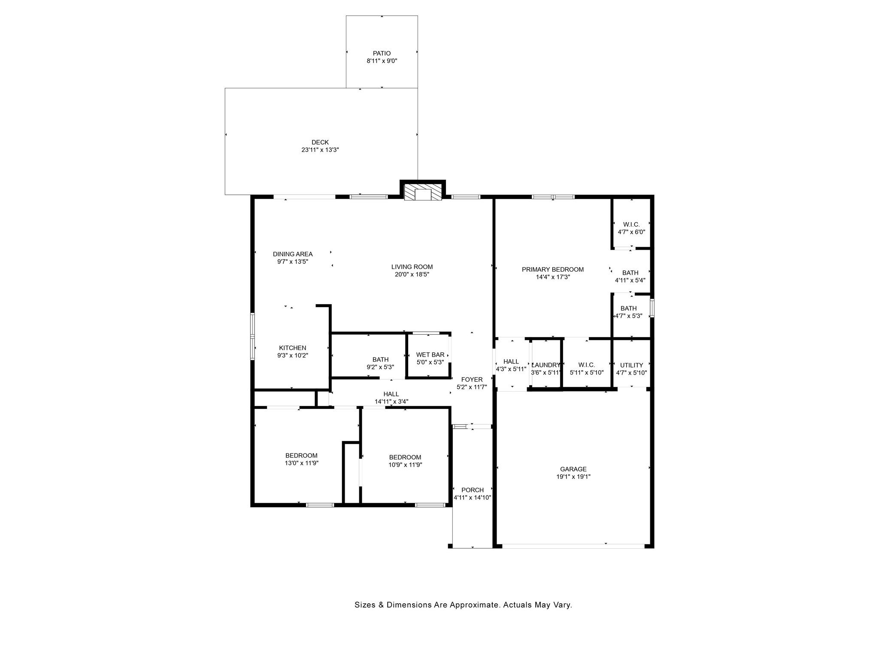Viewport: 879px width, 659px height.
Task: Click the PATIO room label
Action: coord(382,54)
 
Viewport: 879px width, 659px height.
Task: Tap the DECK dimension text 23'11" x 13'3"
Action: coord(320,150)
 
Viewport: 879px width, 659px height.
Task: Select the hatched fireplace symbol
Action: coord(423,192)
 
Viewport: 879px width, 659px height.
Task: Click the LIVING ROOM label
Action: coord(412,267)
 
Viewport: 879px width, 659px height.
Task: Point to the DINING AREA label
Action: coord(293,254)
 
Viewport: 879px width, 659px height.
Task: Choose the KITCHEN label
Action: coord(293,348)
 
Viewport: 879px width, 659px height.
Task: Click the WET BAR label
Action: coord(430,355)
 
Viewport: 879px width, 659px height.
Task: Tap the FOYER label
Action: coord(472,379)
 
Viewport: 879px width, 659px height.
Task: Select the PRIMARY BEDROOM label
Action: coord(553,269)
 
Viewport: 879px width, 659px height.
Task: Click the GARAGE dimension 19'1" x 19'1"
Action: coord(573,477)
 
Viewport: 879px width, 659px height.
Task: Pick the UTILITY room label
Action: coord(631,366)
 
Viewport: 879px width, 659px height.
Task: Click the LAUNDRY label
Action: coord(546,366)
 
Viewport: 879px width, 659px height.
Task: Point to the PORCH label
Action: coord(473,490)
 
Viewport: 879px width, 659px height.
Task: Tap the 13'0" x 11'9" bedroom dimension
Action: coord(301,463)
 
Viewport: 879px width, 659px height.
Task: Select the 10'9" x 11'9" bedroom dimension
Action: coord(405,465)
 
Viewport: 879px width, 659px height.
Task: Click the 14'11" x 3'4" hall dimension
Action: coord(391,402)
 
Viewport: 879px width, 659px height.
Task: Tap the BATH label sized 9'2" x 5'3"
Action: coord(381,360)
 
